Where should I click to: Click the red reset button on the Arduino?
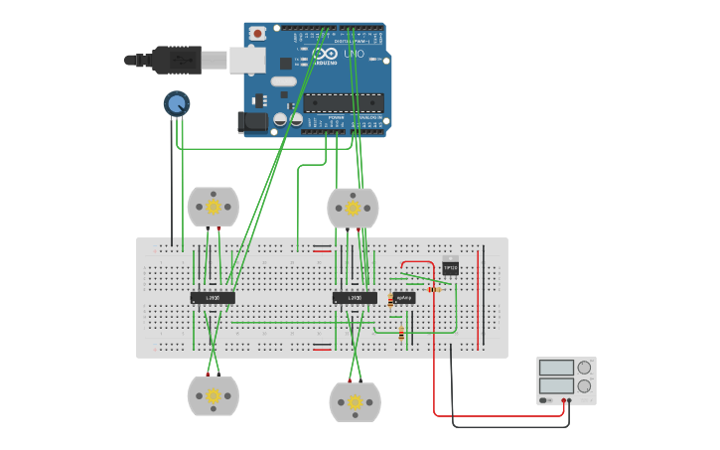coord(257,33)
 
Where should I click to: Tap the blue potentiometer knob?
coord(177,103)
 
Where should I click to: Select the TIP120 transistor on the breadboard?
coord(450,266)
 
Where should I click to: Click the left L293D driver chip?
coord(213,297)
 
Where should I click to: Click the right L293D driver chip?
coord(355,297)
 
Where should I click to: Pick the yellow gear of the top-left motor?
coord(213,206)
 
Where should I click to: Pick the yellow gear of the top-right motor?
coord(353,208)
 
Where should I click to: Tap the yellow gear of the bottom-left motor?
coord(213,395)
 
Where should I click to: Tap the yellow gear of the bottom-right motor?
coord(355,402)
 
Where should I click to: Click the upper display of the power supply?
coord(556,368)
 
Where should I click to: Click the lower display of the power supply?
coord(556,385)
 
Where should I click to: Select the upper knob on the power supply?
coord(584,368)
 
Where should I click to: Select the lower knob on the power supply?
coord(584,385)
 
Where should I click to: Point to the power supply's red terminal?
coord(563,400)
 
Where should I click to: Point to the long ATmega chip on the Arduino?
coord(344,101)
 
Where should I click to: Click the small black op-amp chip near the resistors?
coord(403,297)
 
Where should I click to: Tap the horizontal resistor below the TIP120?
coord(434,289)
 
